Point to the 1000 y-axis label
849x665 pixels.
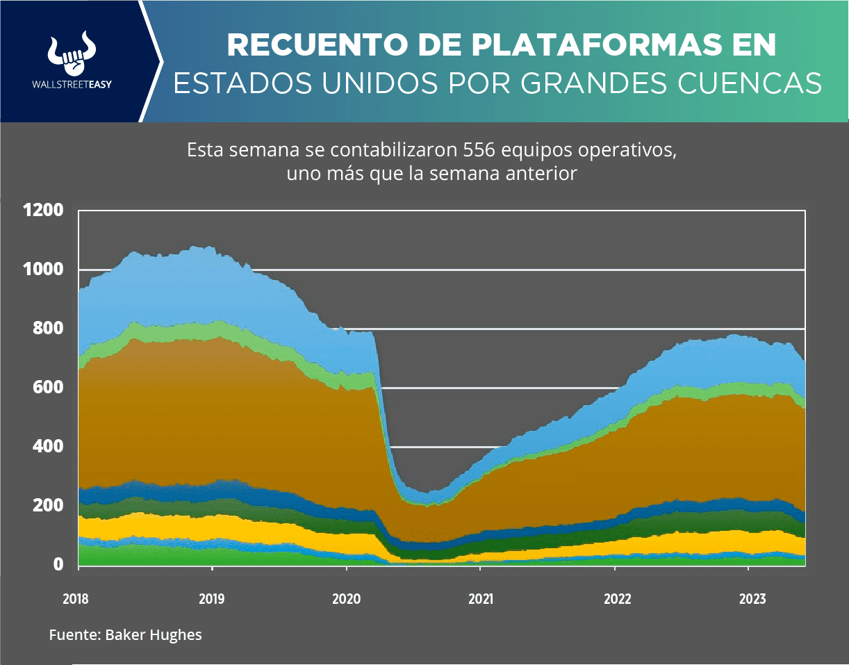pyautogui.click(x=42, y=269)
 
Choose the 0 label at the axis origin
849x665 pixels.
pyautogui.click(x=58, y=564)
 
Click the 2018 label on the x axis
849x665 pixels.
pyautogui.click(x=76, y=598)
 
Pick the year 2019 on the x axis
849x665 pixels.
pyautogui.click(x=211, y=598)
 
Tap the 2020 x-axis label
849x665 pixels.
pyautogui.click(x=345, y=598)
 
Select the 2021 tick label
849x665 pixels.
pyautogui.click(x=480, y=598)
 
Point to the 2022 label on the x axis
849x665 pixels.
pyautogui.click(x=615, y=598)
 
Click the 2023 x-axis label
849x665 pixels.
pyautogui.click(x=749, y=598)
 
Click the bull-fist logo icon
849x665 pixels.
pyautogui.click(x=72, y=54)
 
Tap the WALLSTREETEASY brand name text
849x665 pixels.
pyautogui.click(x=72, y=84)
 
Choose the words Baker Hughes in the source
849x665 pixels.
pyautogui.click(x=154, y=635)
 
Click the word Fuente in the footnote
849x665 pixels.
pyautogui.click(x=74, y=635)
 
